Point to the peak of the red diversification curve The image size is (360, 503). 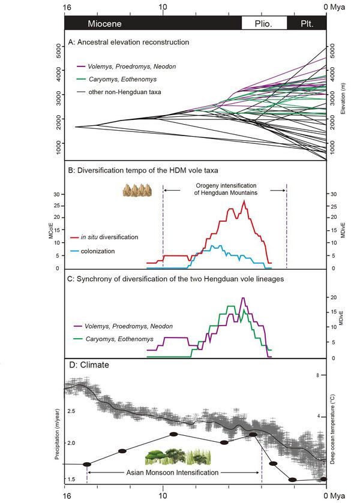(244, 201)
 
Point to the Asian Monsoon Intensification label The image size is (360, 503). (175, 472)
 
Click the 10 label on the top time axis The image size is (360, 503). (163, 7)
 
